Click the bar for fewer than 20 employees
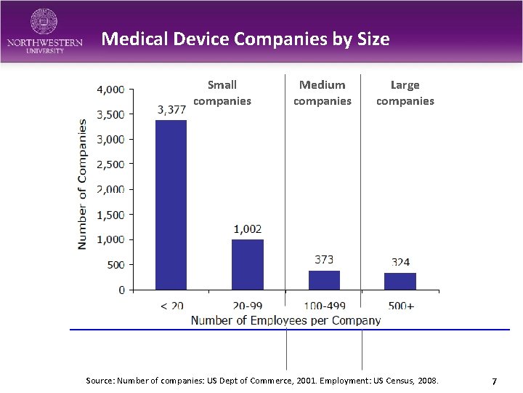point(171,205)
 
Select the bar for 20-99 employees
point(247,264)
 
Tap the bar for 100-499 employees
point(324,280)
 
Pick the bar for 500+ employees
point(400,281)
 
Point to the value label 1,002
point(247,229)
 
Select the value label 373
point(324,259)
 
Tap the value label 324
point(400,262)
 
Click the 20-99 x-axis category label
point(247,306)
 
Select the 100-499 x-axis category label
point(324,306)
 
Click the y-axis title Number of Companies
point(82,186)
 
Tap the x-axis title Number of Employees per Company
point(285,320)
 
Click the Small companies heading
point(222,93)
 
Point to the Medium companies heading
point(322,93)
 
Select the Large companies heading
point(405,93)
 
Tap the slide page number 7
point(494,381)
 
